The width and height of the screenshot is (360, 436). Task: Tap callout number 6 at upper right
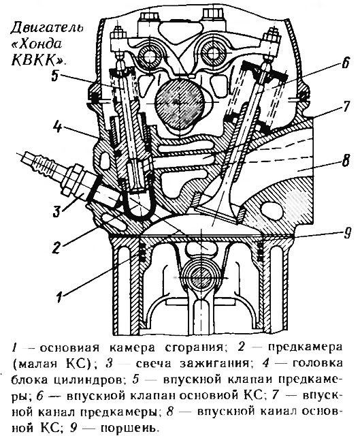344,63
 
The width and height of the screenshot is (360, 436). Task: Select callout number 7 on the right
345,107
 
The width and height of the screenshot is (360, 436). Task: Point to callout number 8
345,161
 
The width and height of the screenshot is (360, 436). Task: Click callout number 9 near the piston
346,232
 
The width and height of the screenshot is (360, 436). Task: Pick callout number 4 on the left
57,127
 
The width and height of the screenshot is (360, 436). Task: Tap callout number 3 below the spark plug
56,211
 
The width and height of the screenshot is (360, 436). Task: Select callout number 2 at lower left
56,247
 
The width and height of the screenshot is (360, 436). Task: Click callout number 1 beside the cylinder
59,297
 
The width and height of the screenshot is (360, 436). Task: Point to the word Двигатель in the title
47,28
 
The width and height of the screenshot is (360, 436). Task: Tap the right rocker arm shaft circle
212,52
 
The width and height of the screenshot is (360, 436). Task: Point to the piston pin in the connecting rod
199,278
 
